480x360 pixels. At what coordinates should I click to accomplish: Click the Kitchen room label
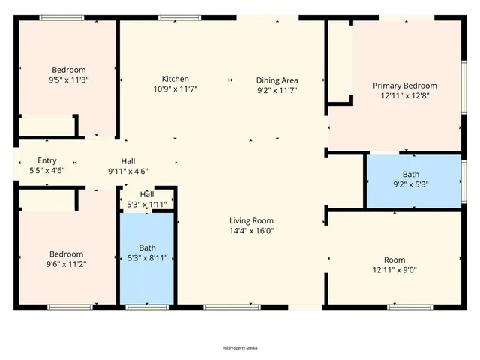click(x=175, y=79)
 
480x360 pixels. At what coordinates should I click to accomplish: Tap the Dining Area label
click(x=277, y=79)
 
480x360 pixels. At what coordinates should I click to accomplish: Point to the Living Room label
click(x=251, y=220)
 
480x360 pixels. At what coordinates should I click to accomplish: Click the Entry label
click(x=47, y=160)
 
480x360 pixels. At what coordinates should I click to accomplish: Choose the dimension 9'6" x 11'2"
click(x=67, y=264)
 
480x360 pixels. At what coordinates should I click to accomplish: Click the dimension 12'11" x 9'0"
click(x=394, y=270)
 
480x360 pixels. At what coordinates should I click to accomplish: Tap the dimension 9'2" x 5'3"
click(x=410, y=184)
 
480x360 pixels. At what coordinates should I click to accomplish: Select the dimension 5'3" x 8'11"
click(x=148, y=258)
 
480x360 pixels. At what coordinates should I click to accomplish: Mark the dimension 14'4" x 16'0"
click(x=251, y=231)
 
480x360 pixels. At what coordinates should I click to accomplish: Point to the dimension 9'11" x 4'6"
click(x=128, y=171)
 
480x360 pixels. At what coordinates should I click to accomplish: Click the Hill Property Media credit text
click(x=239, y=348)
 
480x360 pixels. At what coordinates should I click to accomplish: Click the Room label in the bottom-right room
click(x=394, y=259)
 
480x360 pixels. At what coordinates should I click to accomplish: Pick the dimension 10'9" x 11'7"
click(x=175, y=89)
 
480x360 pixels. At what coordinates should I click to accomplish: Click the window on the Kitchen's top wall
click(x=179, y=17)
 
